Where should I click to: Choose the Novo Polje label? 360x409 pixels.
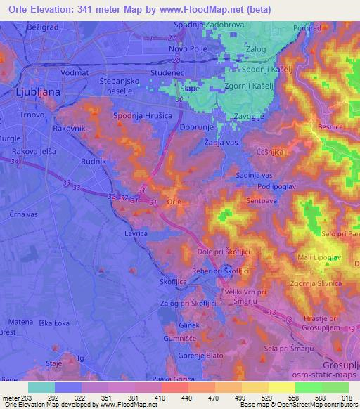click(x=188, y=48)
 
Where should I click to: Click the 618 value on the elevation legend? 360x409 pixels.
click(x=347, y=398)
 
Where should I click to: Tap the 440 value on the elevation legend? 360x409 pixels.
click(x=187, y=398)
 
